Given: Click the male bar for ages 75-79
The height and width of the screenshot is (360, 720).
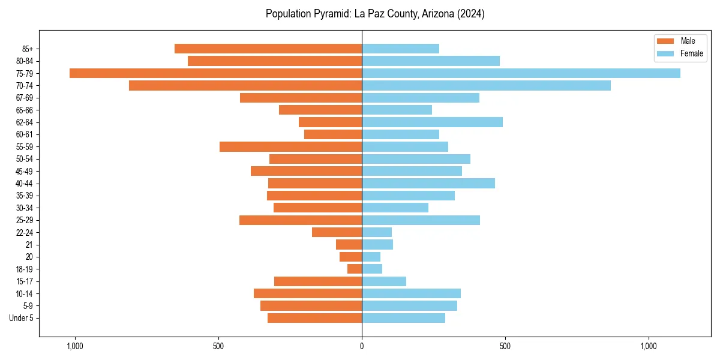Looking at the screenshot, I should (215, 73).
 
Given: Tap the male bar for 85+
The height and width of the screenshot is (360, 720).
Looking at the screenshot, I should (268, 49).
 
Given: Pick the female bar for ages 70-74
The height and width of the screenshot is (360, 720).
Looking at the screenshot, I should (486, 86).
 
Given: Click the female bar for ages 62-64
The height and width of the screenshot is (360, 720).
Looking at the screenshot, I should (432, 122).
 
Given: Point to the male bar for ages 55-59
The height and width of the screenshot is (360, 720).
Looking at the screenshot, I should (290, 147).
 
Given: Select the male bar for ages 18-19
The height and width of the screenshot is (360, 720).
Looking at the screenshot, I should (355, 269).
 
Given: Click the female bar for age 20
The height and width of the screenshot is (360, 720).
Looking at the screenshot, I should (371, 257).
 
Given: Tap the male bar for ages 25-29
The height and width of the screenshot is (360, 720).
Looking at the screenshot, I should (301, 220).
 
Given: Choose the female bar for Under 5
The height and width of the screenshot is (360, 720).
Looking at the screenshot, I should (403, 318).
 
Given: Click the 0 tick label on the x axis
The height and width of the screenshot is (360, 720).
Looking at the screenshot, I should (362, 346).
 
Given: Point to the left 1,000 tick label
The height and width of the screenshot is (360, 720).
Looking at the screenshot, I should (75, 346).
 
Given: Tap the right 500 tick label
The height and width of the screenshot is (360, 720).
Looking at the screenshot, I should (505, 346).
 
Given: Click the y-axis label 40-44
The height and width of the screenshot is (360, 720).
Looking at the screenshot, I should (25, 184).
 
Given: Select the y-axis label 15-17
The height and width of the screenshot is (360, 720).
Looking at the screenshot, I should (25, 281).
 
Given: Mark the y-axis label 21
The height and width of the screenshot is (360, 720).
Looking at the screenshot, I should (29, 245).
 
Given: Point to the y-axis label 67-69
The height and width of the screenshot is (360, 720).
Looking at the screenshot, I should (25, 98).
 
